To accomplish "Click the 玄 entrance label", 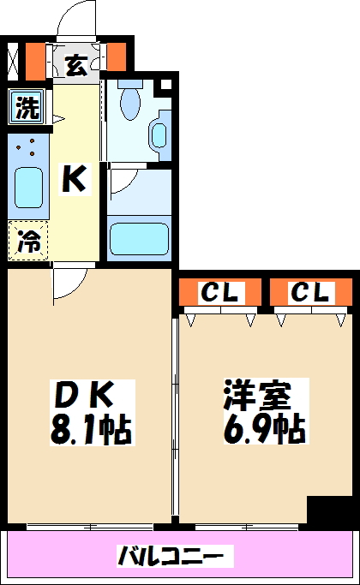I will pos(77,64).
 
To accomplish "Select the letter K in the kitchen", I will pos(74,179).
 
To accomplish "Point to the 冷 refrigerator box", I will pos(27,242).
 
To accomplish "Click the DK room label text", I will pos(83,397).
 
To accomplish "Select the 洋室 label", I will pos(257,397).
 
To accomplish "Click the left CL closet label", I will pos(220,293).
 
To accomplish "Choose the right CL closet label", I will pos(309,293).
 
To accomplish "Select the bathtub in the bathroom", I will pos(139,236).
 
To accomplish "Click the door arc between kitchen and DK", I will pos(67,283).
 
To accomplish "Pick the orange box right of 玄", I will pos(117,57).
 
